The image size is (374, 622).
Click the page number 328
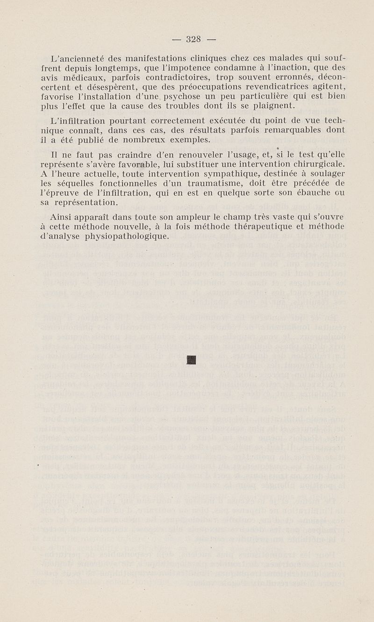coord(193,40)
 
